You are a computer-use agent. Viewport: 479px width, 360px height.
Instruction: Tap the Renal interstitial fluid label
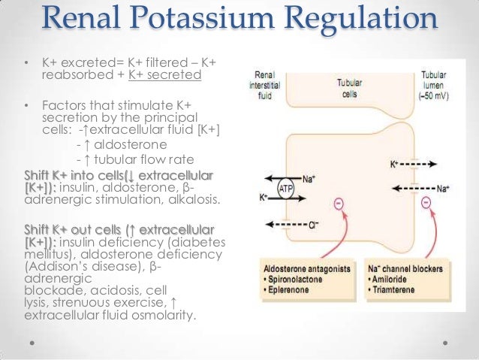pyautogui.click(x=264, y=84)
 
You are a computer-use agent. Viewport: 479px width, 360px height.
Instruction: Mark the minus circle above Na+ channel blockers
pyautogui.click(x=427, y=203)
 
